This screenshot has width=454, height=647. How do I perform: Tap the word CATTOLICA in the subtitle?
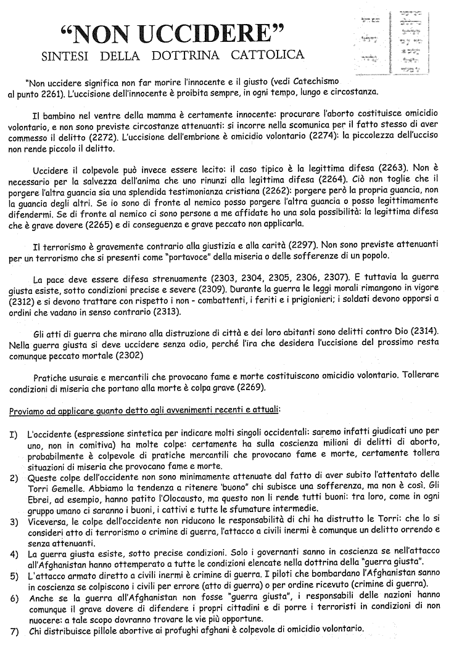click(268, 55)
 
